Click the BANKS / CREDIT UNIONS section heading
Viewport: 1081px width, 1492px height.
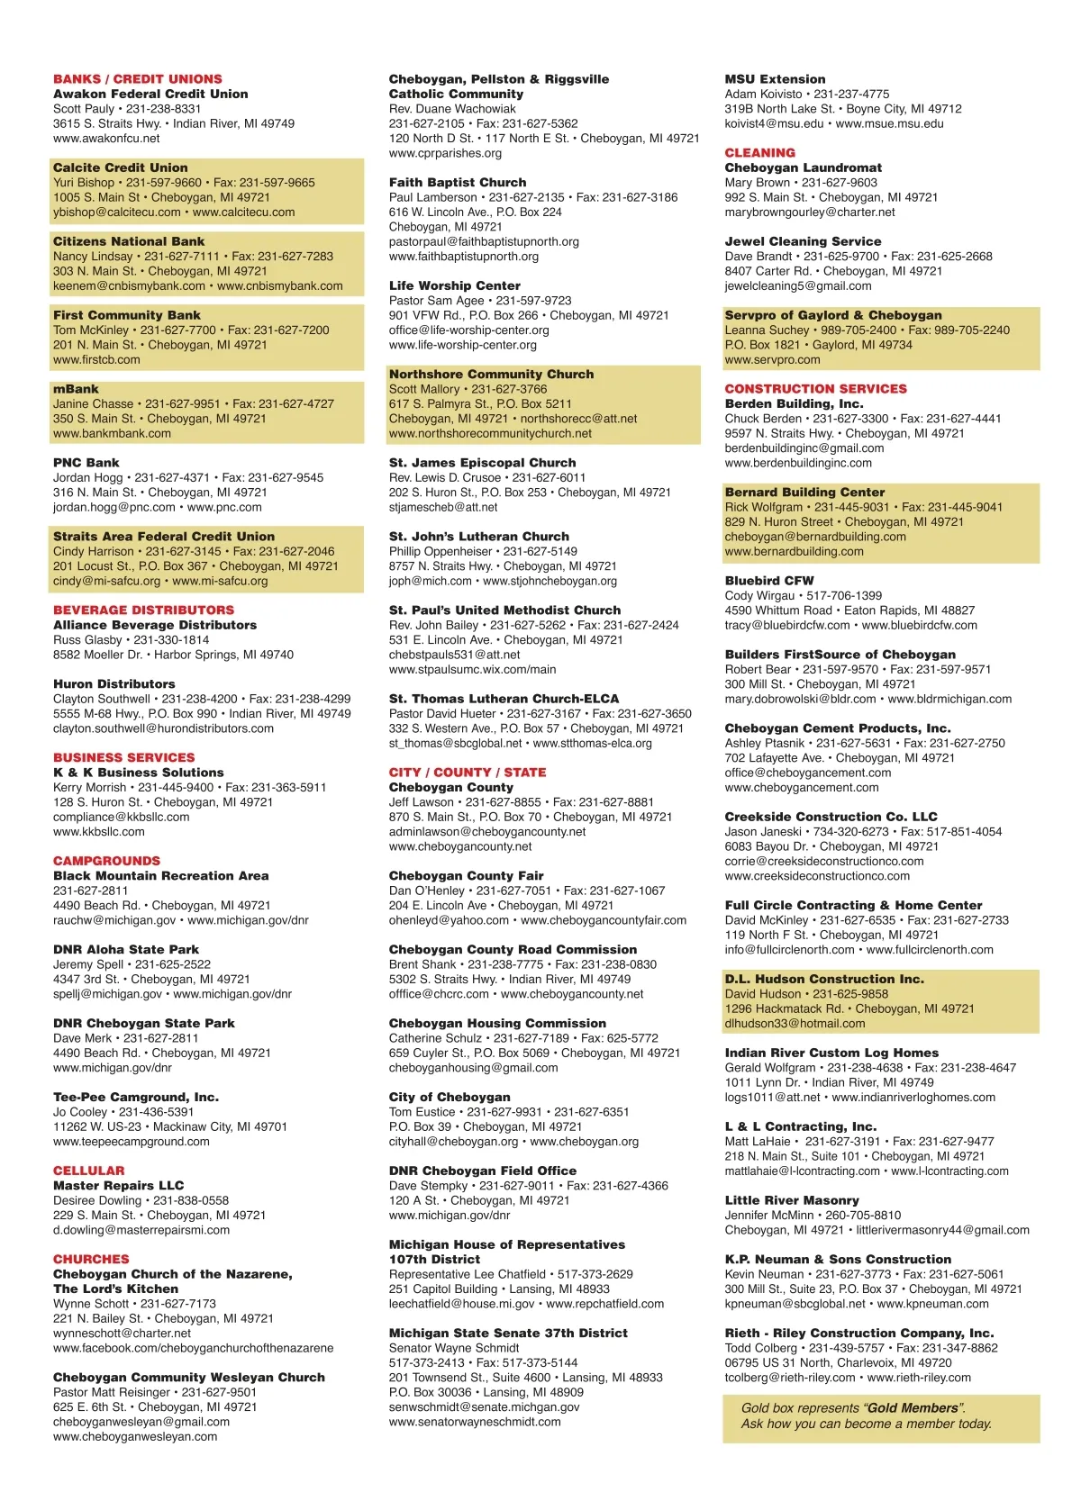[137, 79]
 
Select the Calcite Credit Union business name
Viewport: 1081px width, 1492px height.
[121, 167]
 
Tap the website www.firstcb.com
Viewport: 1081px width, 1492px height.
[96, 359]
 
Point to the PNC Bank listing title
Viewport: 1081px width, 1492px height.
[86, 463]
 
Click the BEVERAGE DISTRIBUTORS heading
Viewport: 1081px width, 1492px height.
[143, 610]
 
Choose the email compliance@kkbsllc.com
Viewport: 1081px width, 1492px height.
[121, 817]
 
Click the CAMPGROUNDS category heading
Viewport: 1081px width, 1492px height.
[106, 861]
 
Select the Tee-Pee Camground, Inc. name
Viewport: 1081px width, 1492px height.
[136, 1097]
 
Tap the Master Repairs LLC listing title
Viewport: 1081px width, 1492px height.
[118, 1185]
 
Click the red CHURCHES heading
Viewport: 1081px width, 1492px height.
[91, 1259]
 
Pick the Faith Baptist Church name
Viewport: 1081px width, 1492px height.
[458, 183]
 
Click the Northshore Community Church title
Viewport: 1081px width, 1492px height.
[491, 375]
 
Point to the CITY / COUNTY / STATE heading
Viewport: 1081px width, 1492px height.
[468, 773]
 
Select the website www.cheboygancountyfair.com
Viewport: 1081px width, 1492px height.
[604, 920]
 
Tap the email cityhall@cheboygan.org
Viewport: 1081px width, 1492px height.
[453, 1141]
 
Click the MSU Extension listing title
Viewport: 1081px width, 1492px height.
[775, 79]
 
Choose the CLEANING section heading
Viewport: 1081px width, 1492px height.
[760, 153]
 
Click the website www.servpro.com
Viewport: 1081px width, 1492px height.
[772, 359]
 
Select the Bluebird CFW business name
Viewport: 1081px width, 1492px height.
[769, 581]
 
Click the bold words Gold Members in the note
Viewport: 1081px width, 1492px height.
[913, 1408]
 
